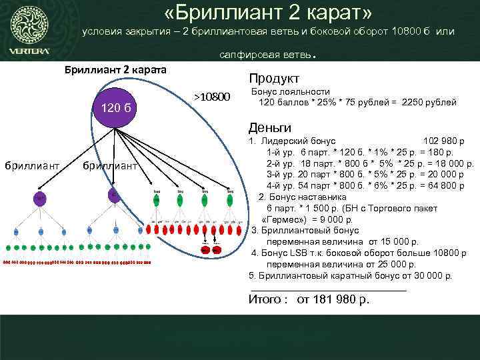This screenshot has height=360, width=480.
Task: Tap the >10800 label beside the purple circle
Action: [211, 98]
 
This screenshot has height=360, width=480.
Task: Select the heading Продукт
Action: [274, 78]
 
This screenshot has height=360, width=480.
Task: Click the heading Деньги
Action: [269, 127]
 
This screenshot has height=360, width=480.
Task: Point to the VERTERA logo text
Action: [29, 51]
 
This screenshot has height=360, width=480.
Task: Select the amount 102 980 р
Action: [443, 141]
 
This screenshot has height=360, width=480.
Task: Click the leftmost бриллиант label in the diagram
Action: [33, 165]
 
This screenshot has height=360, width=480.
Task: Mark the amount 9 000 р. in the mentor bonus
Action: [333, 219]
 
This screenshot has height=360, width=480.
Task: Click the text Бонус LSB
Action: [284, 253]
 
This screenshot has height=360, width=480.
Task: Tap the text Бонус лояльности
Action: [290, 91]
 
